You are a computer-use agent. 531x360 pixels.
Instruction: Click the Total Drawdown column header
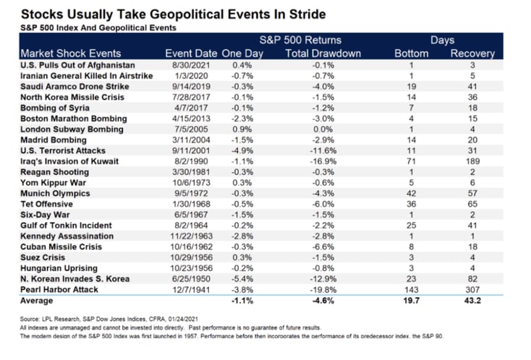tap(323, 53)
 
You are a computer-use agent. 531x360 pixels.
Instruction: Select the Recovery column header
tap(472, 53)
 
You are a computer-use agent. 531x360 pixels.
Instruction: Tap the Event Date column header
tap(191, 53)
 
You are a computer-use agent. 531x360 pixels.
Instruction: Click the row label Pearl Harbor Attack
tap(59, 290)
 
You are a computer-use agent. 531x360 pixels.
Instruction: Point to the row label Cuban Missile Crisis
tap(61, 247)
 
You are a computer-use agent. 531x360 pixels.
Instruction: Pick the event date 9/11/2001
tap(191, 150)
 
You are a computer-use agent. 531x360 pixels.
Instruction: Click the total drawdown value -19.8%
tap(323, 290)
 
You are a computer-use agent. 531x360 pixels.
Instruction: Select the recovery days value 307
tap(472, 290)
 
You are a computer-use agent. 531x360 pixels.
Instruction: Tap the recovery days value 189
tap(472, 161)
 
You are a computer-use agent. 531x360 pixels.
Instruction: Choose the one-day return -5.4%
tap(242, 279)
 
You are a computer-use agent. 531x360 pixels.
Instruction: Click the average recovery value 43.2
tap(472, 301)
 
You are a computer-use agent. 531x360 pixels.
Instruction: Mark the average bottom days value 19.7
tap(411, 301)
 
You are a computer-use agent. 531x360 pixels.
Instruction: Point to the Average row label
tap(37, 301)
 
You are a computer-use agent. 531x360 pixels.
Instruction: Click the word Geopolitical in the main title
tap(187, 14)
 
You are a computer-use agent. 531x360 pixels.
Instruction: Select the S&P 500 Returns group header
tap(300, 40)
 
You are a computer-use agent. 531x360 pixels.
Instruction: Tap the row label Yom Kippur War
tap(53, 183)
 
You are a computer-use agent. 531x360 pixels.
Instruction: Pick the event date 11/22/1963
tap(191, 236)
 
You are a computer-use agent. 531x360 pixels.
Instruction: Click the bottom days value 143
tap(411, 290)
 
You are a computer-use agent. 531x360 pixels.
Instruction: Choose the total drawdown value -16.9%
tap(323, 161)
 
